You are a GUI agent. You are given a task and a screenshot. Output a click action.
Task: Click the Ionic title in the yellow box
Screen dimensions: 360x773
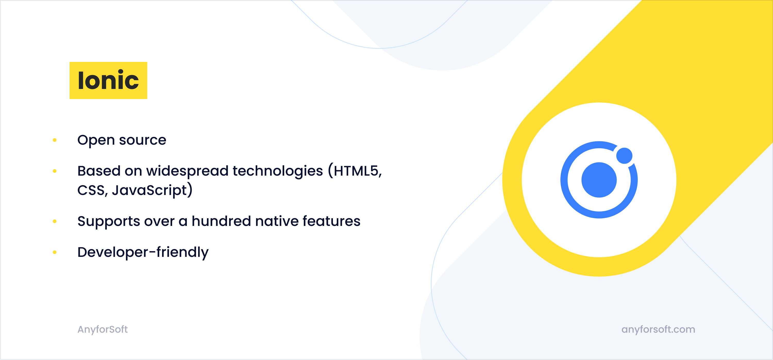coord(108,80)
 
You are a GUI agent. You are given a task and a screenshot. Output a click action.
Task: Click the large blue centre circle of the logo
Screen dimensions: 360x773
coord(599,180)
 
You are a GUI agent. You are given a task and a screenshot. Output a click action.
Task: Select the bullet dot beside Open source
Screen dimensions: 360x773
coord(55,140)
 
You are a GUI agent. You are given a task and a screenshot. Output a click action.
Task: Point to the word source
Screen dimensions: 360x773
coord(142,140)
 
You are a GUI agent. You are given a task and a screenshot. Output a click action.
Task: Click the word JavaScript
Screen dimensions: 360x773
coord(149,190)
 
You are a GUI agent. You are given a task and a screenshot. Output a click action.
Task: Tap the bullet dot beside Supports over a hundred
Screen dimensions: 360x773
coord(55,221)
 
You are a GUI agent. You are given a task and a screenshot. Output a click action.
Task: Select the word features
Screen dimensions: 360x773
coord(331,221)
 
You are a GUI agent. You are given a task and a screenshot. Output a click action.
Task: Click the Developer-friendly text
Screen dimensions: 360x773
coord(143,252)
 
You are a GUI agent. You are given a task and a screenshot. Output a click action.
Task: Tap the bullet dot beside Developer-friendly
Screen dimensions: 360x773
coord(55,252)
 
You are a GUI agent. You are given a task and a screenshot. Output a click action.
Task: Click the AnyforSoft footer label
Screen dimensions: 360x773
coord(103,329)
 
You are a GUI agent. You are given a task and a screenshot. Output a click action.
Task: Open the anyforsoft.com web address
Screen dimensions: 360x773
coord(658,329)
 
